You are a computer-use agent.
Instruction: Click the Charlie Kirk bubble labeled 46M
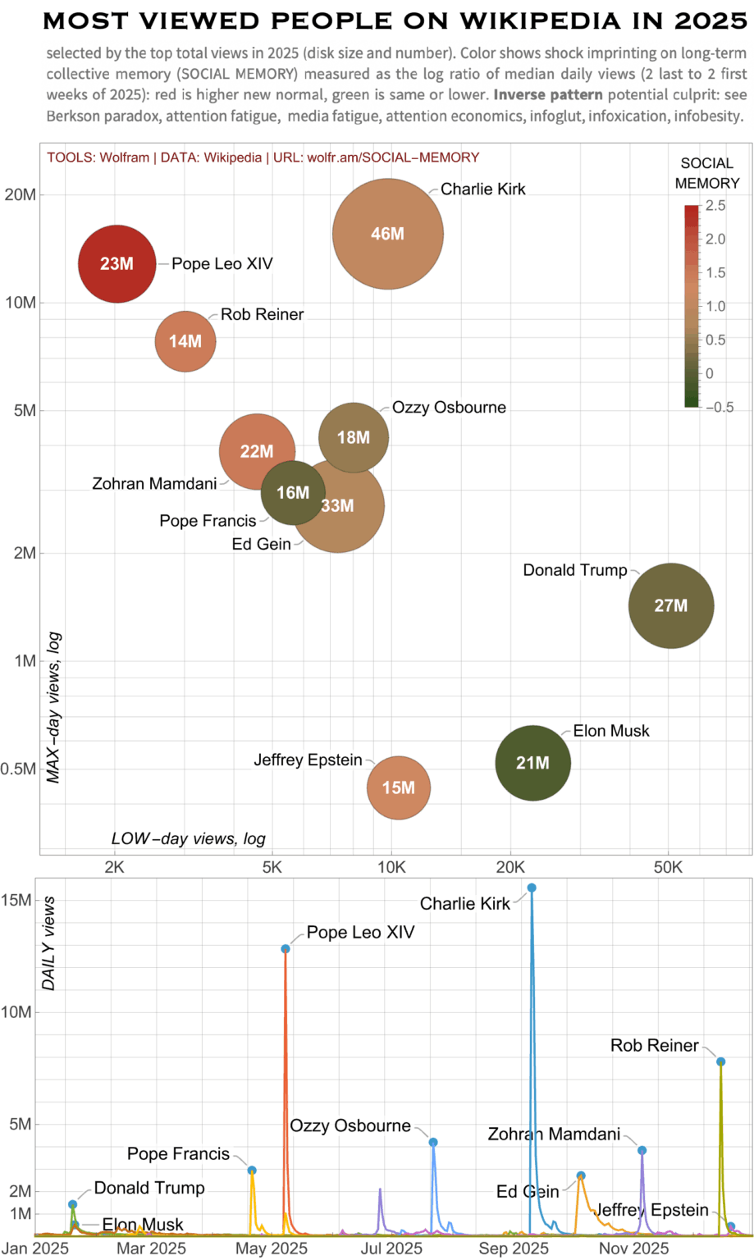pyautogui.click(x=387, y=234)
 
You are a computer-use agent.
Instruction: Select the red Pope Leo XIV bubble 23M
pyautogui.click(x=117, y=263)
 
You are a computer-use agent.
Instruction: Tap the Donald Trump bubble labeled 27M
pyautogui.click(x=670, y=605)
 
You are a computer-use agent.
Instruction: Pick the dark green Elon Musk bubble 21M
pyautogui.click(x=532, y=763)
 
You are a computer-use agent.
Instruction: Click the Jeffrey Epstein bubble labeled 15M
pyautogui.click(x=398, y=787)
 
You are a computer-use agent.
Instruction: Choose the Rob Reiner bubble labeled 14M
pyautogui.click(x=185, y=341)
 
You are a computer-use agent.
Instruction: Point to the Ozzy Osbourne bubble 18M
pyautogui.click(x=354, y=437)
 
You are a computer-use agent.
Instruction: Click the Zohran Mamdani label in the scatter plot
pyautogui.click(x=154, y=483)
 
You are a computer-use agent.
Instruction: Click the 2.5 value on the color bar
pyautogui.click(x=715, y=206)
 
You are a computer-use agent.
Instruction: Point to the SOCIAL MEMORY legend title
pyautogui.click(x=706, y=173)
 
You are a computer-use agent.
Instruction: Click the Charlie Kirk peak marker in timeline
pyautogui.click(x=532, y=888)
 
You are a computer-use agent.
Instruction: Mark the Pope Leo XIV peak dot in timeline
pyautogui.click(x=286, y=949)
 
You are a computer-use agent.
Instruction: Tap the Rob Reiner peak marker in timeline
pyautogui.click(x=720, y=1061)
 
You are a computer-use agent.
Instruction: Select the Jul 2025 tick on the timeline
pyautogui.click(x=392, y=1249)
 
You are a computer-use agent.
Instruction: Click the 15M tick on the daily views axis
pyautogui.click(x=16, y=900)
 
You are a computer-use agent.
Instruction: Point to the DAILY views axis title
pyautogui.click(x=49, y=943)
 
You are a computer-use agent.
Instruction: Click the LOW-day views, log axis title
pyautogui.click(x=188, y=838)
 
